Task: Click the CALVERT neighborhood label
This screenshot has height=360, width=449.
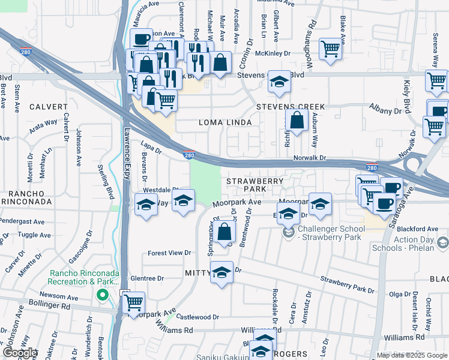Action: coord(47,107)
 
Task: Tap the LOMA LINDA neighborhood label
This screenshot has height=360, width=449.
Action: coord(224,122)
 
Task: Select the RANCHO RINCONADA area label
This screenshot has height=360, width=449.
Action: coord(29,199)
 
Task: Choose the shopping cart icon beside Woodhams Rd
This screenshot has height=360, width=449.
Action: coord(330,48)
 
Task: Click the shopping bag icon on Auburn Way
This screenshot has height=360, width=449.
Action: coord(297,120)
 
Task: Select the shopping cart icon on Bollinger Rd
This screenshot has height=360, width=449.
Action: coord(134,302)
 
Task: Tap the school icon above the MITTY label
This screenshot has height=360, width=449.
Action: coord(221,273)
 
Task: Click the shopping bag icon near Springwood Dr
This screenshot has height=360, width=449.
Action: coord(224,231)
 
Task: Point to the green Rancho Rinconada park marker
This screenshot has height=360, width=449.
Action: coord(102,295)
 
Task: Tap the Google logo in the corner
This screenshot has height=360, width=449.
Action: coord(19,353)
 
